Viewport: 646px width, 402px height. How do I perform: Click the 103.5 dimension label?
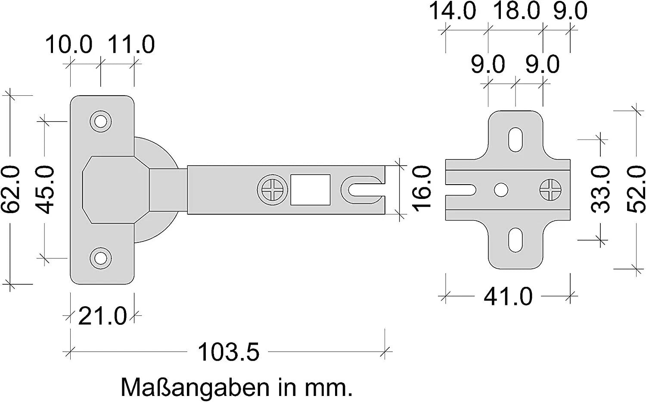[229, 352]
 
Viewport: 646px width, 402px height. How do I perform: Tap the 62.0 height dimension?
[11, 189]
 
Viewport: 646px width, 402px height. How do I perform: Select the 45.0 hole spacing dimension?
[45, 189]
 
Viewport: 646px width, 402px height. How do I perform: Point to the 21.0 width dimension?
[102, 316]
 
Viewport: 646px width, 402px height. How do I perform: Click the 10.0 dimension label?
[68, 44]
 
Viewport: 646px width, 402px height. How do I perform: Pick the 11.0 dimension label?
[131, 44]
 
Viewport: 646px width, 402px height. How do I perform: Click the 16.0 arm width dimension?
[421, 189]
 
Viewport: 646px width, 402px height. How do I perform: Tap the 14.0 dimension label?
[453, 11]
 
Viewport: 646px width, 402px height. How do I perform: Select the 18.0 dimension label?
[516, 11]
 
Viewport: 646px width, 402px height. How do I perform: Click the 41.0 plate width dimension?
[508, 296]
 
